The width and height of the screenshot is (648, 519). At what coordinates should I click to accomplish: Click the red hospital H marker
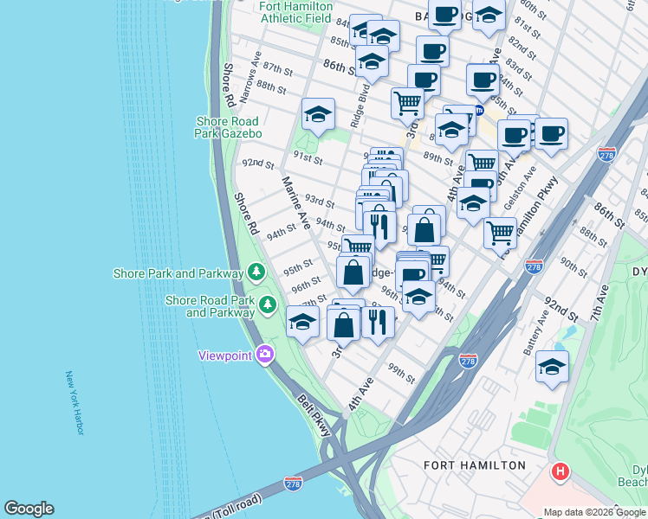coord(561,471)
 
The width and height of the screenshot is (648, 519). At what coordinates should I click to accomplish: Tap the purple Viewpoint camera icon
coord(264,354)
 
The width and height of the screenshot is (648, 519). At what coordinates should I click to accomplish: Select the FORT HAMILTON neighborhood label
coord(474,465)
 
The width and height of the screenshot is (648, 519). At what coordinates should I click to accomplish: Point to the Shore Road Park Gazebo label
coord(229,128)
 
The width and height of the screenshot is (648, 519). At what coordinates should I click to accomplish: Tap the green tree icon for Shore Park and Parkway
coord(256,272)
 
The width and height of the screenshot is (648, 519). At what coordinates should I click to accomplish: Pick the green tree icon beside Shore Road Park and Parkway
coord(269,304)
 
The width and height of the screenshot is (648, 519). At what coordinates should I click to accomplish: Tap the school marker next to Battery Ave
coord(552,367)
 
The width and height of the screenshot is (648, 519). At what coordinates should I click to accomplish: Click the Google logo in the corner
coord(29,509)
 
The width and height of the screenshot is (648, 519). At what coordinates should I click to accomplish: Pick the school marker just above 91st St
coord(318,114)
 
